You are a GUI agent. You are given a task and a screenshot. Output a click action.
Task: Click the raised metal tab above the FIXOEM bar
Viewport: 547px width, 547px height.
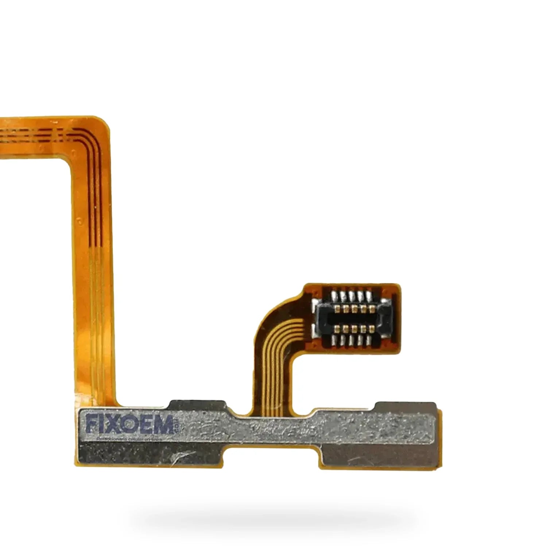pos(197,406)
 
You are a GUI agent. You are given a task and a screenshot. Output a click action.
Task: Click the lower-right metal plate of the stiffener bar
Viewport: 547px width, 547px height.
pos(379,456)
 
